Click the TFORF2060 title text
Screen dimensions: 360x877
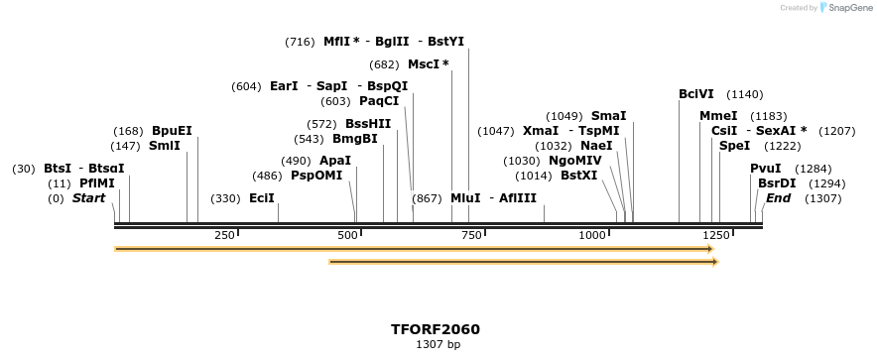tap(436, 329)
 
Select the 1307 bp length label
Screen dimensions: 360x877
tap(437, 345)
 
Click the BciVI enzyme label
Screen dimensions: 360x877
tap(696, 94)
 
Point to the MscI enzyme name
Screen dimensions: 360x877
tap(429, 64)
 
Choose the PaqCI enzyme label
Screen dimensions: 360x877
tap(379, 101)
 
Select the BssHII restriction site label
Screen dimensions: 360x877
tap(368, 124)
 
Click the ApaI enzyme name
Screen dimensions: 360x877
tap(335, 161)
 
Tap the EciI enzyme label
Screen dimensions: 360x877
tap(262, 198)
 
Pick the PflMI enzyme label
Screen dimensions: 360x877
tap(97, 183)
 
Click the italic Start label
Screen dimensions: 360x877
tap(88, 198)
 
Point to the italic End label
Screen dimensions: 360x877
tap(778, 198)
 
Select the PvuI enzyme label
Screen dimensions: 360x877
tap(766, 169)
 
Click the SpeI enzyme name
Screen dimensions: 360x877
tap(735, 146)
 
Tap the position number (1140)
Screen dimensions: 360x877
tap(745, 94)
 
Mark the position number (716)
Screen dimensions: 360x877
tap(300, 42)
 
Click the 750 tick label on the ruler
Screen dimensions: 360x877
tap(472, 235)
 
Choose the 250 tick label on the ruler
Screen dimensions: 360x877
tap(224, 235)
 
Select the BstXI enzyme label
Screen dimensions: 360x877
tap(579, 176)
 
